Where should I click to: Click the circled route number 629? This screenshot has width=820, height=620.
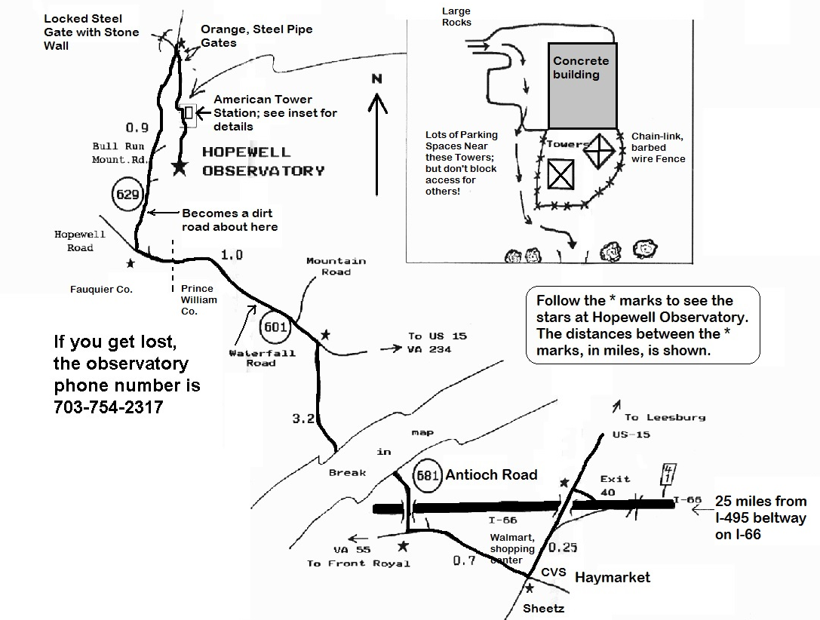coord(127,194)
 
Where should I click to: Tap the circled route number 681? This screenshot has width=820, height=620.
coord(428,474)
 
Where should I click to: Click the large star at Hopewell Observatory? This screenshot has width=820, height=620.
coord(179,167)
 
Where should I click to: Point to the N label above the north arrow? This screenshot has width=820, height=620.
coord(377,79)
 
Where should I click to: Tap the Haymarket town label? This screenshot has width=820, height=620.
coord(612,577)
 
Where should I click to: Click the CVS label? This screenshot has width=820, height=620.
coord(553,572)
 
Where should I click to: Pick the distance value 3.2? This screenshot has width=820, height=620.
coord(303,419)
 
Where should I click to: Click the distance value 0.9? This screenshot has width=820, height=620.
coord(137,127)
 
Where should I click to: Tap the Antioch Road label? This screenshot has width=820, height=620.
coord(491,474)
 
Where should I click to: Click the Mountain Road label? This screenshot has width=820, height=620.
coord(336,266)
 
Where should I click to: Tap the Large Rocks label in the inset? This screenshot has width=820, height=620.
coord(456,17)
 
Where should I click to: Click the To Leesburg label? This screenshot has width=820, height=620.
coord(664,417)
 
